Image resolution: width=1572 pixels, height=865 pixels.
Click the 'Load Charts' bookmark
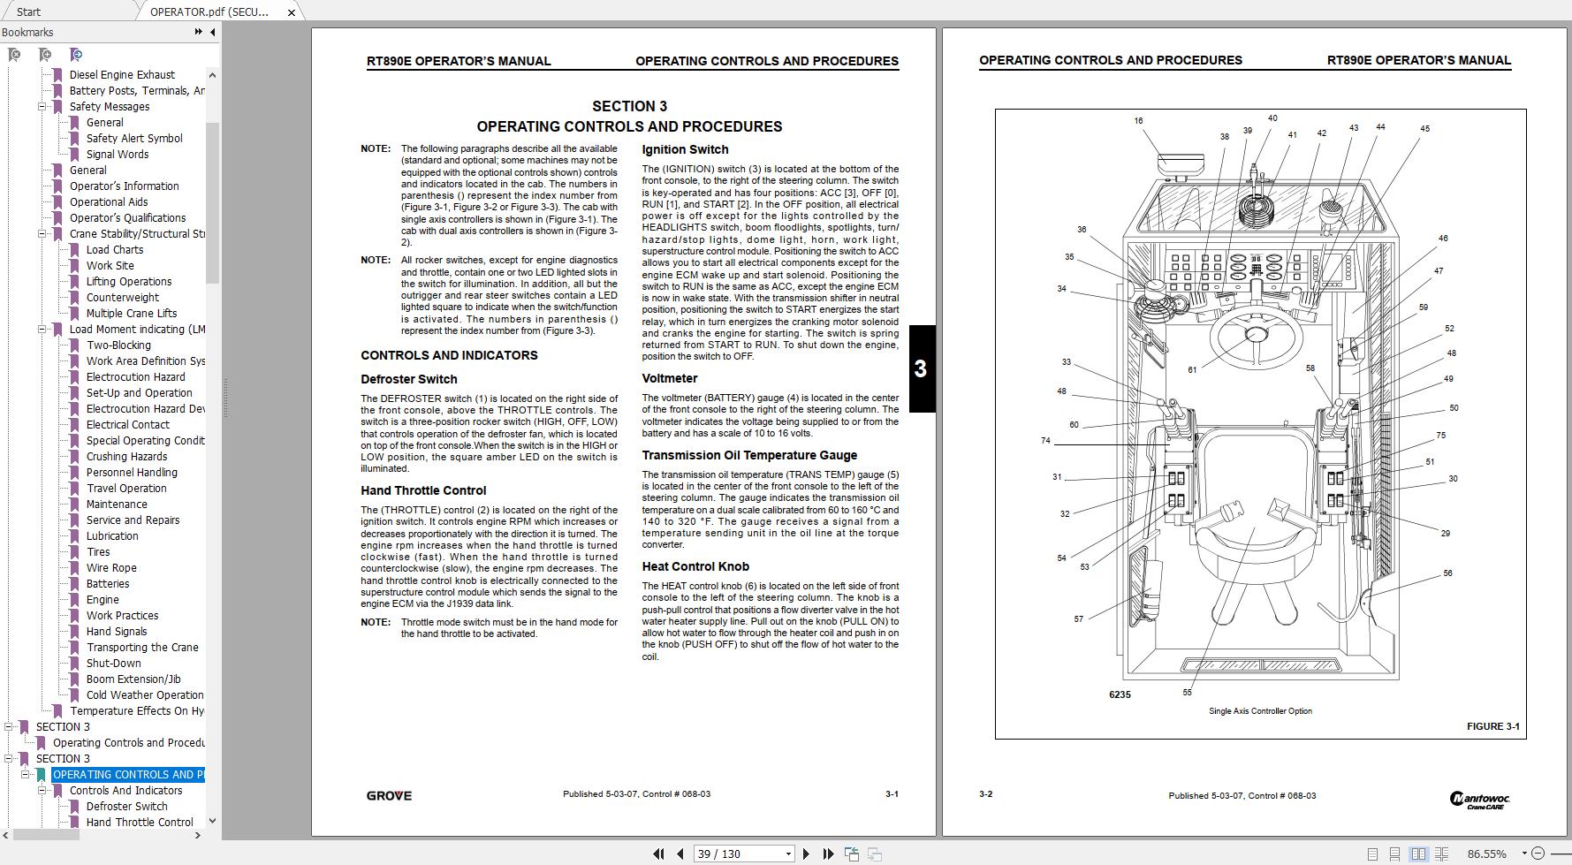tap(115, 250)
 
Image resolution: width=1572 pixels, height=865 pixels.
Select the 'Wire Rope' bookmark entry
tap(111, 568)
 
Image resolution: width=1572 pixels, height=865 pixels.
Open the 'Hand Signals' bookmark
tap(117, 632)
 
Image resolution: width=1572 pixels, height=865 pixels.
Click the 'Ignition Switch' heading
tap(685, 150)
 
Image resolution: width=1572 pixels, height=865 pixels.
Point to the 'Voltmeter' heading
tap(670, 378)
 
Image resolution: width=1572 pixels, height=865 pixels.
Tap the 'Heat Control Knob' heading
tap(695, 566)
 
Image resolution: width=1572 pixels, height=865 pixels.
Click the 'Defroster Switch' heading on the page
tap(408, 379)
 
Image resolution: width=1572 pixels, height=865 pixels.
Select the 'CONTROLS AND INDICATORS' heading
tap(449, 355)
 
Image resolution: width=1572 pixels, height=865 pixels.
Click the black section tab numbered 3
tap(921, 368)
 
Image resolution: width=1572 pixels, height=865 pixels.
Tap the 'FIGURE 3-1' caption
tap(1492, 726)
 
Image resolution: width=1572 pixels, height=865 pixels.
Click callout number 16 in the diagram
tap(1138, 121)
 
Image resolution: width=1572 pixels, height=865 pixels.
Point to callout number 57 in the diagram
tap(1078, 619)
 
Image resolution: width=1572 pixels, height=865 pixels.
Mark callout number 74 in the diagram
tap(1045, 441)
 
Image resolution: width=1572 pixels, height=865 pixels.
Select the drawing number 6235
tap(1120, 695)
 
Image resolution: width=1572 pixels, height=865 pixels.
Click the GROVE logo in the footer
tap(389, 795)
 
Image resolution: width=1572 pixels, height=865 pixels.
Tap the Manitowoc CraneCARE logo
tap(1480, 800)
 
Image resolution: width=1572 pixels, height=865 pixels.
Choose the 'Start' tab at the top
tap(28, 11)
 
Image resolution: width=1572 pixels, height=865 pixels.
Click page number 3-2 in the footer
tap(985, 794)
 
